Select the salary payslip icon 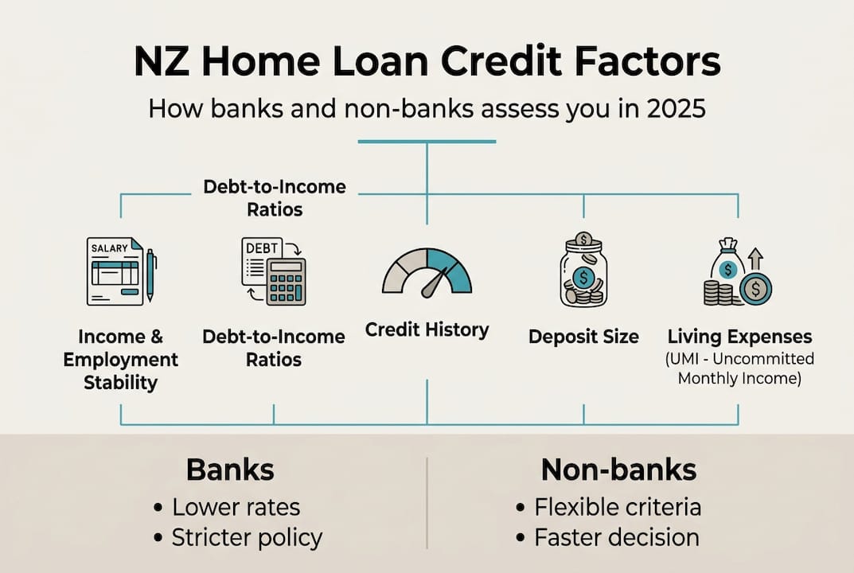[115, 271]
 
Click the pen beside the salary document [150, 275]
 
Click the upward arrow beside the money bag [755, 258]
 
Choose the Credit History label [427, 329]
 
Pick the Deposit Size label [583, 337]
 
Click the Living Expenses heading [739, 336]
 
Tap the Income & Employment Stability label [121, 359]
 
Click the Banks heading [230, 470]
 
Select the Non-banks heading [618, 470]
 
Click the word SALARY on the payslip [109, 248]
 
